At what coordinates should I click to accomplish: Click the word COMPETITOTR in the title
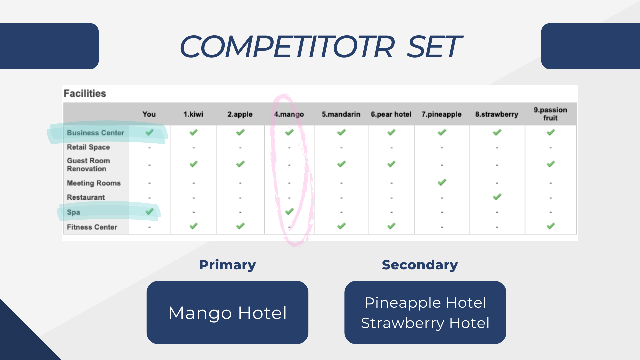287,47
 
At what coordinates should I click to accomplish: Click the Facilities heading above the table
85,93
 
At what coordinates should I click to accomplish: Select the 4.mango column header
289,114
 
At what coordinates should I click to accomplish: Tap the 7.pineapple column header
441,114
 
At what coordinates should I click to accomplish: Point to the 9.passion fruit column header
550,114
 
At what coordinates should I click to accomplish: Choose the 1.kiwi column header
193,114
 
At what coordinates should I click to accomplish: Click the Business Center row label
95,133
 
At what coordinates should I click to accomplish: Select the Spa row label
73,212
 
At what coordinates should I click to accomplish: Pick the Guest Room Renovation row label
88,165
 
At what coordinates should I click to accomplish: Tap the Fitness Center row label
92,227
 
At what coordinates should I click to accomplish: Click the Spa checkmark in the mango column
289,211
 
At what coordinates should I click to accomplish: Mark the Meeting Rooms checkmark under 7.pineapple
442,182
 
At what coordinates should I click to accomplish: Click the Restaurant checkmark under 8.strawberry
497,197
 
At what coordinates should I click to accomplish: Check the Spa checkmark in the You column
150,211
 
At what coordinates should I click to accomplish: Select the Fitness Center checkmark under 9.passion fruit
551,226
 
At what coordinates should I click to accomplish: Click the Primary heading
227,265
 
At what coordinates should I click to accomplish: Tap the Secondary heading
420,265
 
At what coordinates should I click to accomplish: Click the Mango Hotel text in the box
227,313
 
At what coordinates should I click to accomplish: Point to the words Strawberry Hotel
425,323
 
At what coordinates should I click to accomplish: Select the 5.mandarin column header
341,114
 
